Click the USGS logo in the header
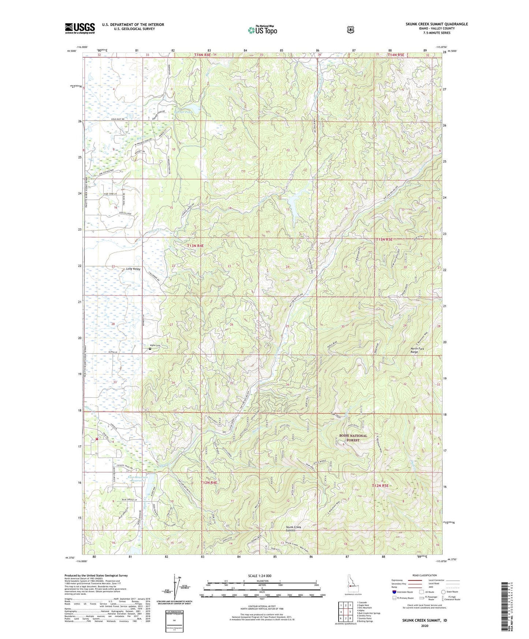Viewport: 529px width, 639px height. click(x=80, y=28)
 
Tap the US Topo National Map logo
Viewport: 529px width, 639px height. click(x=262, y=30)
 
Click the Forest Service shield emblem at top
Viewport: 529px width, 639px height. click(x=350, y=29)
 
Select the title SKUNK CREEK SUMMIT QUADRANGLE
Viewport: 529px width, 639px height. click(x=436, y=24)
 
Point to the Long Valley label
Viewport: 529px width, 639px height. click(x=133, y=269)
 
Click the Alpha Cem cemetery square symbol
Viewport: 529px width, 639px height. click(x=150, y=349)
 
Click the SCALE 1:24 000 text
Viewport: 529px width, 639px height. click(x=260, y=576)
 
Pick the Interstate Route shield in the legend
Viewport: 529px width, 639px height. click(x=394, y=591)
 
